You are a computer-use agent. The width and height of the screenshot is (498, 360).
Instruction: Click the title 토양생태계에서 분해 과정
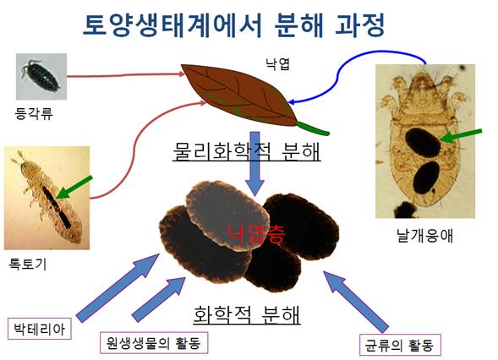[x=234, y=25]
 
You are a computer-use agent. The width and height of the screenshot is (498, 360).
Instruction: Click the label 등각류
[x=34, y=113]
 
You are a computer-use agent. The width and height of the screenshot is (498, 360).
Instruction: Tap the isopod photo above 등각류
[x=41, y=77]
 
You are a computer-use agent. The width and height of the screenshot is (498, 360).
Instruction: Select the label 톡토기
[x=28, y=264]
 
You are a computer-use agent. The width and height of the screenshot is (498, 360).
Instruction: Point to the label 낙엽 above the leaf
[x=277, y=64]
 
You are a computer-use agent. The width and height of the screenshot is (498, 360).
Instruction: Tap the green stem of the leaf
[x=313, y=128]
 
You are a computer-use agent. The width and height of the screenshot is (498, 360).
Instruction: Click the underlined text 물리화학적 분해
[x=246, y=150]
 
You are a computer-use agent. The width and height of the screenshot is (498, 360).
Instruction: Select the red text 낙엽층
[x=256, y=233]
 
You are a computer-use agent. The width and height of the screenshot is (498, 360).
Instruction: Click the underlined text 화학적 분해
[x=247, y=314]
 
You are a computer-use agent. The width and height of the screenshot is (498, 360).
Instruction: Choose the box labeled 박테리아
[x=40, y=329]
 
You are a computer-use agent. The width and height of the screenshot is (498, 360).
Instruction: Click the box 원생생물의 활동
[x=154, y=342]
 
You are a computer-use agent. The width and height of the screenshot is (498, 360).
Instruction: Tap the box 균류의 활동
[x=400, y=345]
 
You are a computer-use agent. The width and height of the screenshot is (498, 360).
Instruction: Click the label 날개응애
[x=425, y=236]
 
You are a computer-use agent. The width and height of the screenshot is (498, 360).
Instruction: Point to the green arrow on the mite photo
[x=461, y=135]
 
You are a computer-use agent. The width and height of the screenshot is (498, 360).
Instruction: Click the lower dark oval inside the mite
[x=426, y=177]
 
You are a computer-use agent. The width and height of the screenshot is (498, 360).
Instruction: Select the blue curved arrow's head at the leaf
[x=292, y=102]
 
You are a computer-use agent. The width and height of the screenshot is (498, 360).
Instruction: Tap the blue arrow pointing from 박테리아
[x=118, y=288]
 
